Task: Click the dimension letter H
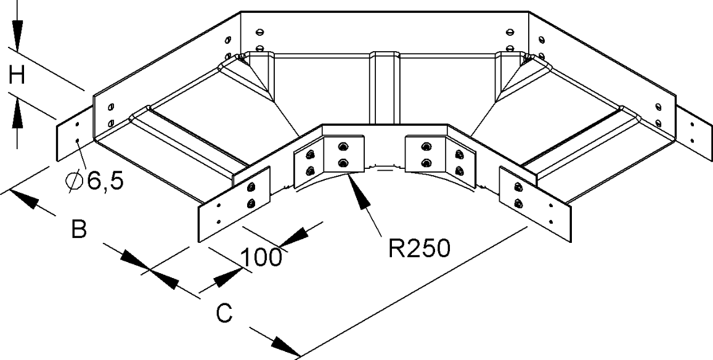coord(17,76)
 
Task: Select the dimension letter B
coord(78,229)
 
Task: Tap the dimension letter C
coord(224,314)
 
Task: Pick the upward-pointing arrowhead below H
coord(17,113)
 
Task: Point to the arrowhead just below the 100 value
coord(227,277)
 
